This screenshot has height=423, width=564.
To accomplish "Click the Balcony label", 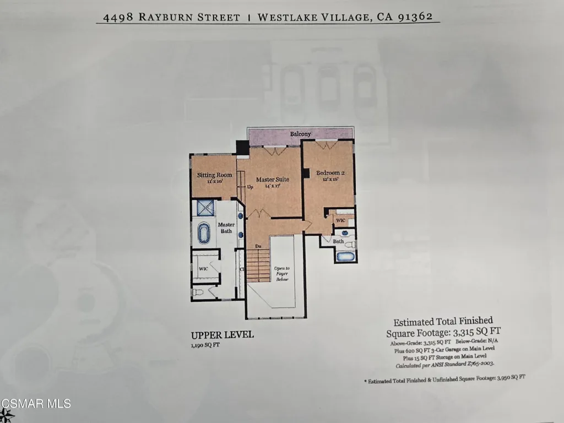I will coord(301,134).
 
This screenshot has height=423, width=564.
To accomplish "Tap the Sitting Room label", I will coord(215,175).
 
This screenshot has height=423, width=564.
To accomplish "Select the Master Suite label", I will coord(272,179).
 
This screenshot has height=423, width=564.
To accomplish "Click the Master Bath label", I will coord(226,227).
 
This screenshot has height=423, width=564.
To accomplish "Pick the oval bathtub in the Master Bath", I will coord(204,233).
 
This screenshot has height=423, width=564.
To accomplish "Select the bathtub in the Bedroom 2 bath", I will coord(346,256).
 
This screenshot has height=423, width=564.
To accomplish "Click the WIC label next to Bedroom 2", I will coord(340,220).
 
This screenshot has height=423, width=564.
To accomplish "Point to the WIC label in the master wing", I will coord(203,268).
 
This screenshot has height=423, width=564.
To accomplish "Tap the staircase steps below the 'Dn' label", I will coord(257,265).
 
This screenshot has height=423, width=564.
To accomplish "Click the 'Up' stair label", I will coord(250,186).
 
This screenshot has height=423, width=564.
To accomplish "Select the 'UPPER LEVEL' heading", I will coord(222,335).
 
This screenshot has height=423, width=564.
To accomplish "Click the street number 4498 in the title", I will coord(114,17).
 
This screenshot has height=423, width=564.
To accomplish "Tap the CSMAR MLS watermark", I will coord(36,404).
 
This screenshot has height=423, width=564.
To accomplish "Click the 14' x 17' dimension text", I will coord(272,186).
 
